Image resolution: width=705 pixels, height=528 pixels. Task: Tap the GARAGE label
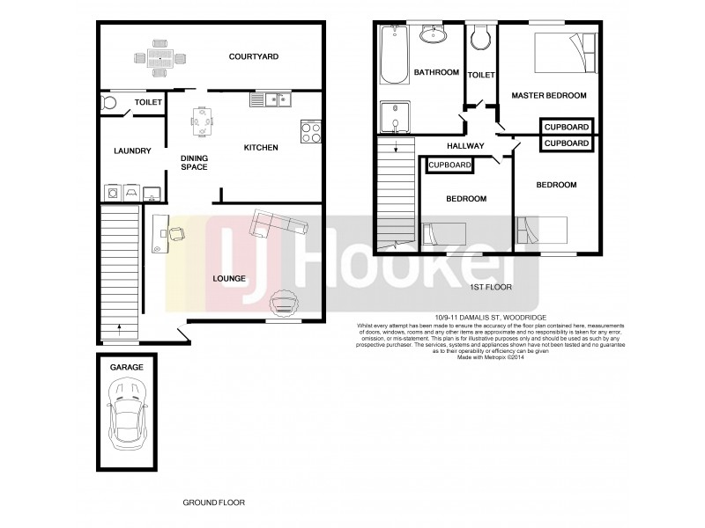(x=126, y=365)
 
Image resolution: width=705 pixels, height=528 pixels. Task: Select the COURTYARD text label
(x=254, y=56)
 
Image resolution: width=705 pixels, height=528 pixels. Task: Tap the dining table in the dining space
(x=203, y=122)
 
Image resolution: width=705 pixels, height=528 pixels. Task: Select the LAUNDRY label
(x=133, y=150)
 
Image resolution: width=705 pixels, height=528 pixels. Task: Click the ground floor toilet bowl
(x=109, y=103)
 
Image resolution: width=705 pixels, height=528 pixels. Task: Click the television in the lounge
(x=285, y=303)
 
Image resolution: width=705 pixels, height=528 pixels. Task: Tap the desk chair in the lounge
(x=176, y=233)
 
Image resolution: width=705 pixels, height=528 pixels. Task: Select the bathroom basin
(x=433, y=34)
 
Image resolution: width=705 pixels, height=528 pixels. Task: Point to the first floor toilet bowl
(x=480, y=36)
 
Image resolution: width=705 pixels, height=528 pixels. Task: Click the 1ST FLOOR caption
(x=492, y=287)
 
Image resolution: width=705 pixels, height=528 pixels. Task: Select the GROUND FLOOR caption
(x=213, y=502)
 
